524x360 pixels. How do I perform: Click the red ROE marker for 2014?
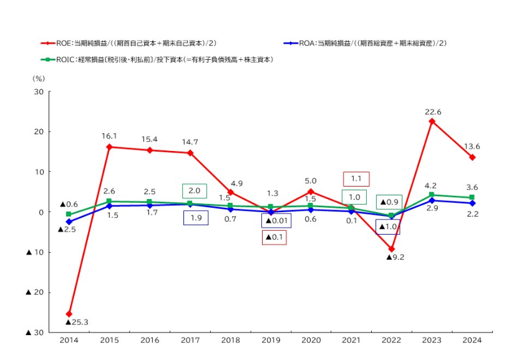[x=69, y=314]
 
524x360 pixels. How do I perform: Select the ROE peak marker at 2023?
[x=432, y=121]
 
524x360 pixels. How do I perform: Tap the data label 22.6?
[x=432, y=112]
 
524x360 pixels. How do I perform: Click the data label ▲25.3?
[x=77, y=323]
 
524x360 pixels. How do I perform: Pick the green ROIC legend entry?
[x=157, y=59]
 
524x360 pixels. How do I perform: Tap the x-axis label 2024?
[x=472, y=340]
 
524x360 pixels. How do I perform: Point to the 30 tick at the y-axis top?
[x=38, y=92]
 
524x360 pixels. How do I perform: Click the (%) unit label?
[x=39, y=79]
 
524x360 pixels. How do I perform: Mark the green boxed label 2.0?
[x=195, y=191]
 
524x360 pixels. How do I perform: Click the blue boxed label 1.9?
[x=195, y=218]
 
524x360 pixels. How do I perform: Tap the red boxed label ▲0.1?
[x=274, y=237]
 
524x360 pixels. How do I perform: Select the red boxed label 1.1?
[x=356, y=179]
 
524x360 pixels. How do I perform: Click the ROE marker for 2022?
[x=391, y=249]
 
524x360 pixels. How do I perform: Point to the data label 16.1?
[x=109, y=135]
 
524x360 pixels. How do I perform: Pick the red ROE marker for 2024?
[x=472, y=157]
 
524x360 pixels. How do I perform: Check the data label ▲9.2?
[x=396, y=257]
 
